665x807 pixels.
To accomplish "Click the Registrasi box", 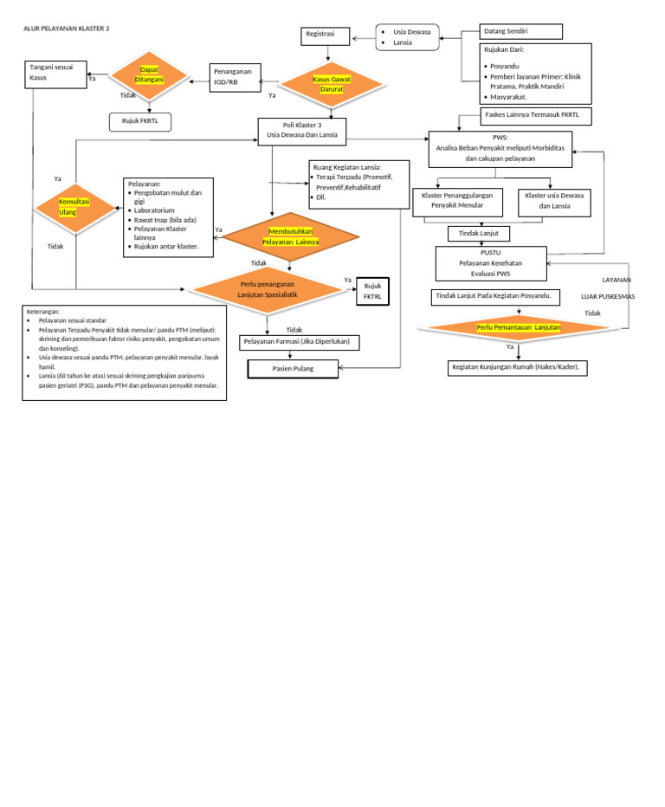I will (x=326, y=36).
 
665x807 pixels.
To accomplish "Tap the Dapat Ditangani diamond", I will (x=149, y=75).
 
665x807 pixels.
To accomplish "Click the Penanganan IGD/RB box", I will (x=234, y=77).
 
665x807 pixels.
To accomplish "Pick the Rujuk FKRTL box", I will (x=140, y=122).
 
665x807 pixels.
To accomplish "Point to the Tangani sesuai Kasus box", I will (x=57, y=74).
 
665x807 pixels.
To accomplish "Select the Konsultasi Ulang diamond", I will (x=75, y=207).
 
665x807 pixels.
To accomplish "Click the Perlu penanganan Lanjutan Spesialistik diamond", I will (x=268, y=289).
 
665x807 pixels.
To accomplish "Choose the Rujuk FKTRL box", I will (x=372, y=292).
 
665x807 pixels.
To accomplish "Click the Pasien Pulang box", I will (x=293, y=370).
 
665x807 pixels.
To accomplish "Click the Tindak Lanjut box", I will (x=479, y=234).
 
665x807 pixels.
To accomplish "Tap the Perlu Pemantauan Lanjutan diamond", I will (x=518, y=327).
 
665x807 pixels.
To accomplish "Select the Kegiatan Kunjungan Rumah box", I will (x=518, y=368).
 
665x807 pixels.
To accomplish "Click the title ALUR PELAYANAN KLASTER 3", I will (x=67, y=29).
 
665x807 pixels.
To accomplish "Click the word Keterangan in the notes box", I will (x=43, y=311).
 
